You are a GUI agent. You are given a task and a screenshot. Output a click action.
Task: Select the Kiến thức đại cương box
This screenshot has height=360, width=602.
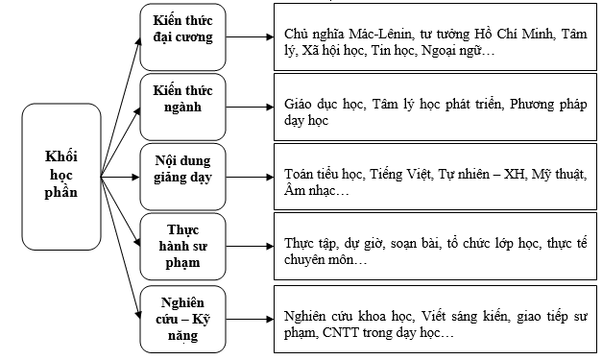pyautogui.click(x=182, y=36)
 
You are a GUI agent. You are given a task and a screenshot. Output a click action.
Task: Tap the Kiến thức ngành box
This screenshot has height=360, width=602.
pyautogui.click(x=182, y=106)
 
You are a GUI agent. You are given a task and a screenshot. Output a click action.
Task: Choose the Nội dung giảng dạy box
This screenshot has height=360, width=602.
pyautogui.click(x=182, y=175)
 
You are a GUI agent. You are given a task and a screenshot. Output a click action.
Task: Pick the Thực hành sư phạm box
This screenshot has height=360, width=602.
pyautogui.click(x=182, y=244)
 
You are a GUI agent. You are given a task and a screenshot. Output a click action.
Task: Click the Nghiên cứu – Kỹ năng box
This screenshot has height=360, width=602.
pyautogui.click(x=182, y=316)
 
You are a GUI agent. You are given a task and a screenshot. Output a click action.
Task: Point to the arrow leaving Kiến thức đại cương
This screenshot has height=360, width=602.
pyautogui.click(x=249, y=38)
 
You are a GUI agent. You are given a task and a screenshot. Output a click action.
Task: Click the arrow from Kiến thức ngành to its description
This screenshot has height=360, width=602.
pyautogui.click(x=249, y=108)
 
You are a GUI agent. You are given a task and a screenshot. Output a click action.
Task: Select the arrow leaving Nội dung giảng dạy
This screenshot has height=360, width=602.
pyautogui.click(x=249, y=177)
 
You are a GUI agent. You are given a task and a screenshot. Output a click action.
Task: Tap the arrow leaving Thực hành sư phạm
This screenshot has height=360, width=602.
pyautogui.click(x=249, y=246)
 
